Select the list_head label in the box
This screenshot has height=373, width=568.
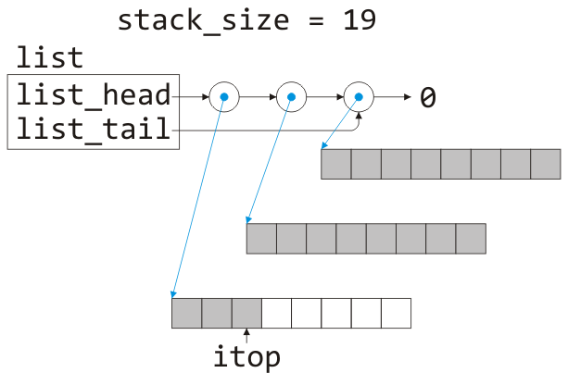[94, 95]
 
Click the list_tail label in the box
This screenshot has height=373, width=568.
[94, 131]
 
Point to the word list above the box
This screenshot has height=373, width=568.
[49, 59]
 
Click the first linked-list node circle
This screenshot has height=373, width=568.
[223, 95]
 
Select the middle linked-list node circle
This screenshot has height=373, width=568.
[291, 95]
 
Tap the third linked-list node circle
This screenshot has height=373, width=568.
[359, 95]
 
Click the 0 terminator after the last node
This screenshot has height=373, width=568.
[428, 96]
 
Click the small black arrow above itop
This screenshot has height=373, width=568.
[246, 336]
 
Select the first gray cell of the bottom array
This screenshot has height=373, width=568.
[186, 313]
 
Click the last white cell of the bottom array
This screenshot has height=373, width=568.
[396, 313]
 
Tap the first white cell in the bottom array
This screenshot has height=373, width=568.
[276, 313]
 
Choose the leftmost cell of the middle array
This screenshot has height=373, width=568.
[261, 239]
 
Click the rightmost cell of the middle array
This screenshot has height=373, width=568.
[471, 239]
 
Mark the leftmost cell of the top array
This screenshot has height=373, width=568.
[336, 164]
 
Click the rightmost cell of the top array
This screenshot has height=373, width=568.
[546, 164]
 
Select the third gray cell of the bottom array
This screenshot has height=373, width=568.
[246, 313]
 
